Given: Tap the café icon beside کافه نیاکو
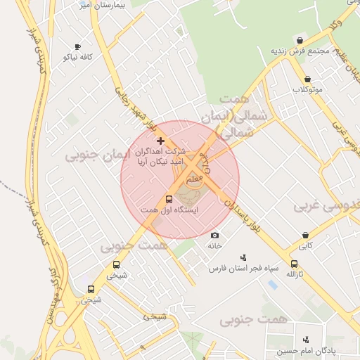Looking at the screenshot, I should [x=77, y=46].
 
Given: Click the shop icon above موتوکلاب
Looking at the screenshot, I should [x=307, y=79].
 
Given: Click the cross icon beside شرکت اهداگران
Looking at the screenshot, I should [x=160, y=141].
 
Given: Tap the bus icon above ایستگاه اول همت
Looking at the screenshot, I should [x=169, y=199].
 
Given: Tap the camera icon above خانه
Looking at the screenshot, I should [x=214, y=235].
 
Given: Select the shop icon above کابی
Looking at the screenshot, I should [x=305, y=235].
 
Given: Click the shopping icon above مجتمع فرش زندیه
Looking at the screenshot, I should [x=300, y=39].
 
